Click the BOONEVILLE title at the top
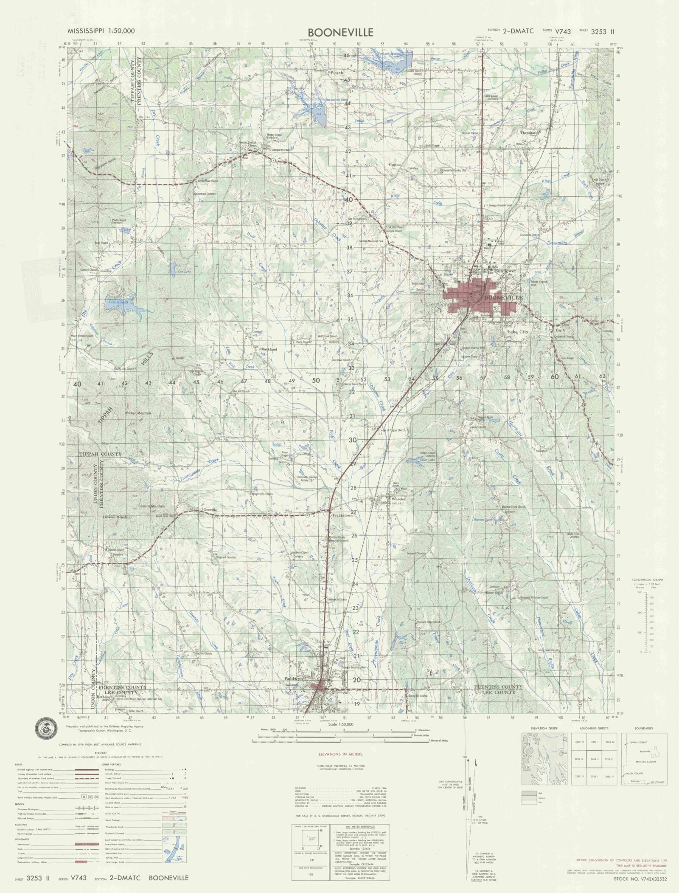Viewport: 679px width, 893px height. pos(341,32)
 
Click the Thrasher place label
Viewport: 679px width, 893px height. pos(529,133)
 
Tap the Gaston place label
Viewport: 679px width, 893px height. pos(395,164)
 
